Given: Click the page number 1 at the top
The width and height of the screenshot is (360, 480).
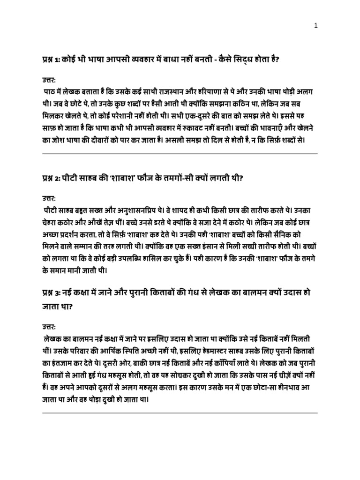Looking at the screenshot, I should (316, 26).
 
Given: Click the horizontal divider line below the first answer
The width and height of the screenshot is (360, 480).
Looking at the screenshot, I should (180, 154).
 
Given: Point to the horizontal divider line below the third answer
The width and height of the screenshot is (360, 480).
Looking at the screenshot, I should (180, 413).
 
